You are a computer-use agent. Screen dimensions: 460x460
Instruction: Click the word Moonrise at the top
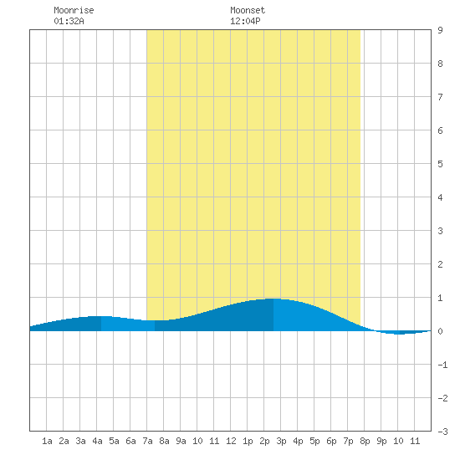[74, 10]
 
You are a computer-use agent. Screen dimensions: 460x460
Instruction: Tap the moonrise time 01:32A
[69, 21]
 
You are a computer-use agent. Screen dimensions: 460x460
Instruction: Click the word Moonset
[248, 10]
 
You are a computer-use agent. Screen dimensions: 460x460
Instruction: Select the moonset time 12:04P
[245, 21]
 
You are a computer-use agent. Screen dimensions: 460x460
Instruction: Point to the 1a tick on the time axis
[47, 441]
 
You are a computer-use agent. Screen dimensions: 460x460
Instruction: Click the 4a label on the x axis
[97, 441]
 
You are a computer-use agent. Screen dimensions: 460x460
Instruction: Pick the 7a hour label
[147, 441]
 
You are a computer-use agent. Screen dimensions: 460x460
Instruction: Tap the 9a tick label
[181, 441]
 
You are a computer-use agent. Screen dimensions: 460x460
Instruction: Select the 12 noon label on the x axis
[231, 441]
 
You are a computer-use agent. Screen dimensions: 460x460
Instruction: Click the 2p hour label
[264, 441]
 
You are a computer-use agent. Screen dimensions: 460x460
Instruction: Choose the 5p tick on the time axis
[314, 441]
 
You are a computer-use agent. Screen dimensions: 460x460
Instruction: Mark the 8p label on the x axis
[365, 441]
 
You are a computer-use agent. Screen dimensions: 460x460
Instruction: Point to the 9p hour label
[381, 441]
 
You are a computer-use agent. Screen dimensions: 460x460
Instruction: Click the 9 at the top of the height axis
[440, 30]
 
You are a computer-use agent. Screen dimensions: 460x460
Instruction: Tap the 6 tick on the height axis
[440, 130]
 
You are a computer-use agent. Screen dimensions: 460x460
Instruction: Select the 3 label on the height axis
[440, 231]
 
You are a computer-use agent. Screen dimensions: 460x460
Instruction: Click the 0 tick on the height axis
[440, 331]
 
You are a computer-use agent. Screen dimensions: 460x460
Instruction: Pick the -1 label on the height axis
[442, 365]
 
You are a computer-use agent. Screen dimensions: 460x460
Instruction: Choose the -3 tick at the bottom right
[442, 432]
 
